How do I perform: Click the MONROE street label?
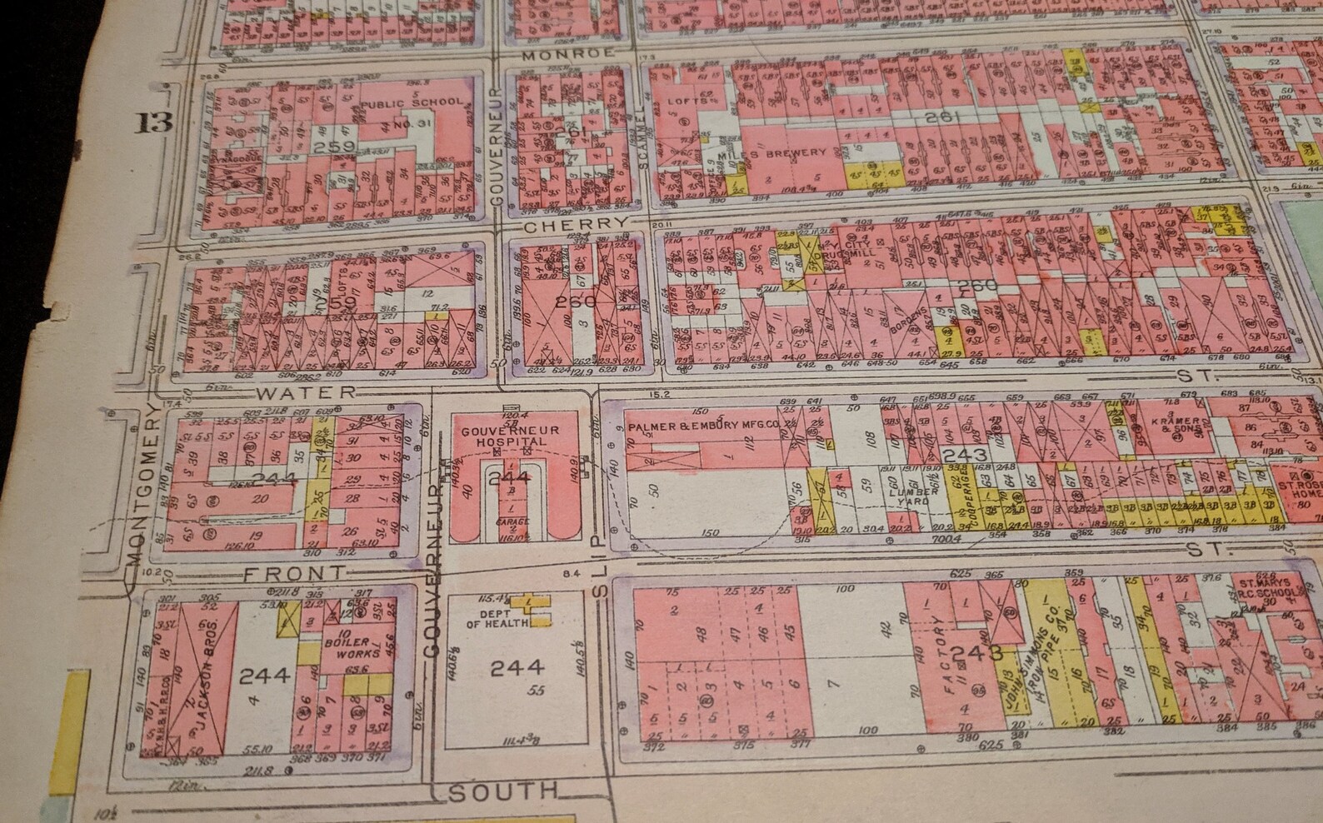click(570, 52)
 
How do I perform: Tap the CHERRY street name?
click(576, 224)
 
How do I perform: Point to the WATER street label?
click(307, 392)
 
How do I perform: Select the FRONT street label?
click(295, 573)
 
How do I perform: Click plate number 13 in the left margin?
click(156, 122)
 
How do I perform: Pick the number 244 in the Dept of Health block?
click(517, 666)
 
